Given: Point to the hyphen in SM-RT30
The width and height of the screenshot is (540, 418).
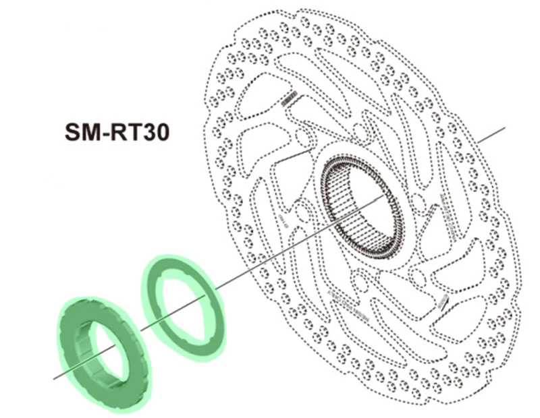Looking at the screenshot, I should [105, 131].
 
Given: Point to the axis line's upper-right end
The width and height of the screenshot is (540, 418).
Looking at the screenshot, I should [503, 128].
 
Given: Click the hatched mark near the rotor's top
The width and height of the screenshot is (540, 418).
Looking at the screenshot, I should [289, 99].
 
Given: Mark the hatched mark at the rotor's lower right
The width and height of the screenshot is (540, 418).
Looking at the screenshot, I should [442, 303].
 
